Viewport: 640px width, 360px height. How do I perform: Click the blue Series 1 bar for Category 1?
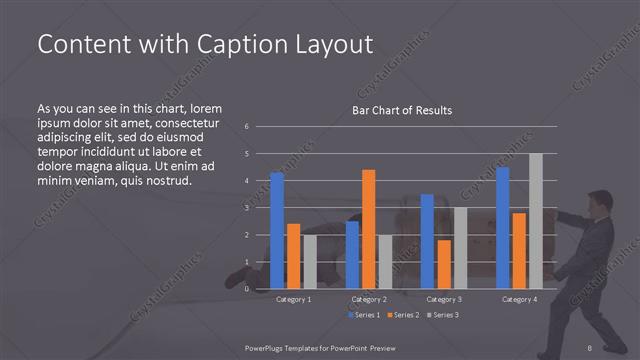[277, 230]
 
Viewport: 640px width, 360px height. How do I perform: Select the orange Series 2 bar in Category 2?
[369, 229]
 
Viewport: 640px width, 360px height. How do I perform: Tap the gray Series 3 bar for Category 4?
[535, 221]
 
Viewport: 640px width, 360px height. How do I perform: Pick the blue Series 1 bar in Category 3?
[427, 241]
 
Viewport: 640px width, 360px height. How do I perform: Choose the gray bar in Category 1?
[310, 261]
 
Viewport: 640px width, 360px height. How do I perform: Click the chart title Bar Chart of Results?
[401, 110]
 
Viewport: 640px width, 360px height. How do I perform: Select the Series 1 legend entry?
[363, 315]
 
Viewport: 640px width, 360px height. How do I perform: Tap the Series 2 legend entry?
[402, 315]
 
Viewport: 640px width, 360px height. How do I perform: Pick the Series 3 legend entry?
[441, 315]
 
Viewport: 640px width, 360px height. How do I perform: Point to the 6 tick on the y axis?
[247, 127]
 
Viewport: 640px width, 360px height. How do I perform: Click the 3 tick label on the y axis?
[247, 208]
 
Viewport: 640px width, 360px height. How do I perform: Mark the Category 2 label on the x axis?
[369, 299]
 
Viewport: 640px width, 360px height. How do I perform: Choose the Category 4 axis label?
[519, 299]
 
